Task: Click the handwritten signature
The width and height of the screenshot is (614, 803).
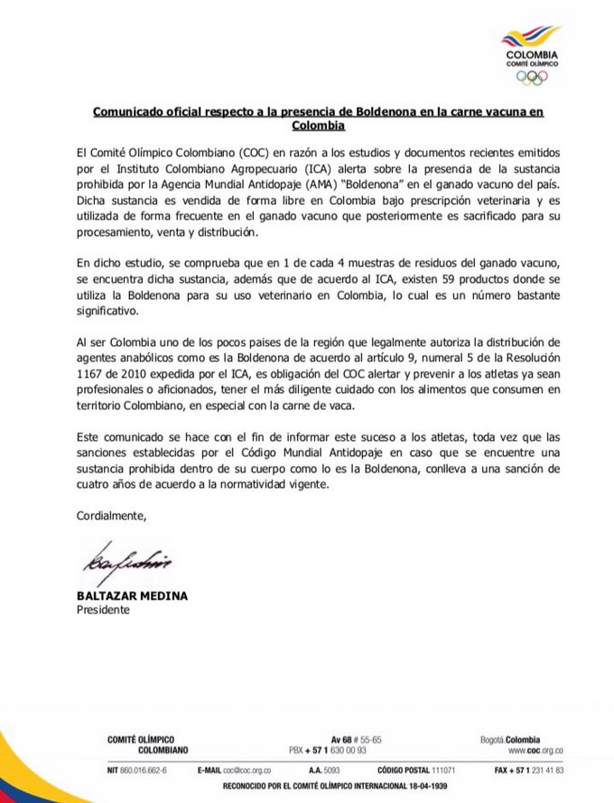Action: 127,566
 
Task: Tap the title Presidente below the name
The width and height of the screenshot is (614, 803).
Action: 103,610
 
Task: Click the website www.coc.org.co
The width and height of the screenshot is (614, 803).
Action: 535,750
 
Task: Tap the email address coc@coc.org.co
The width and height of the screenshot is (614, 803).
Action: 240,770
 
